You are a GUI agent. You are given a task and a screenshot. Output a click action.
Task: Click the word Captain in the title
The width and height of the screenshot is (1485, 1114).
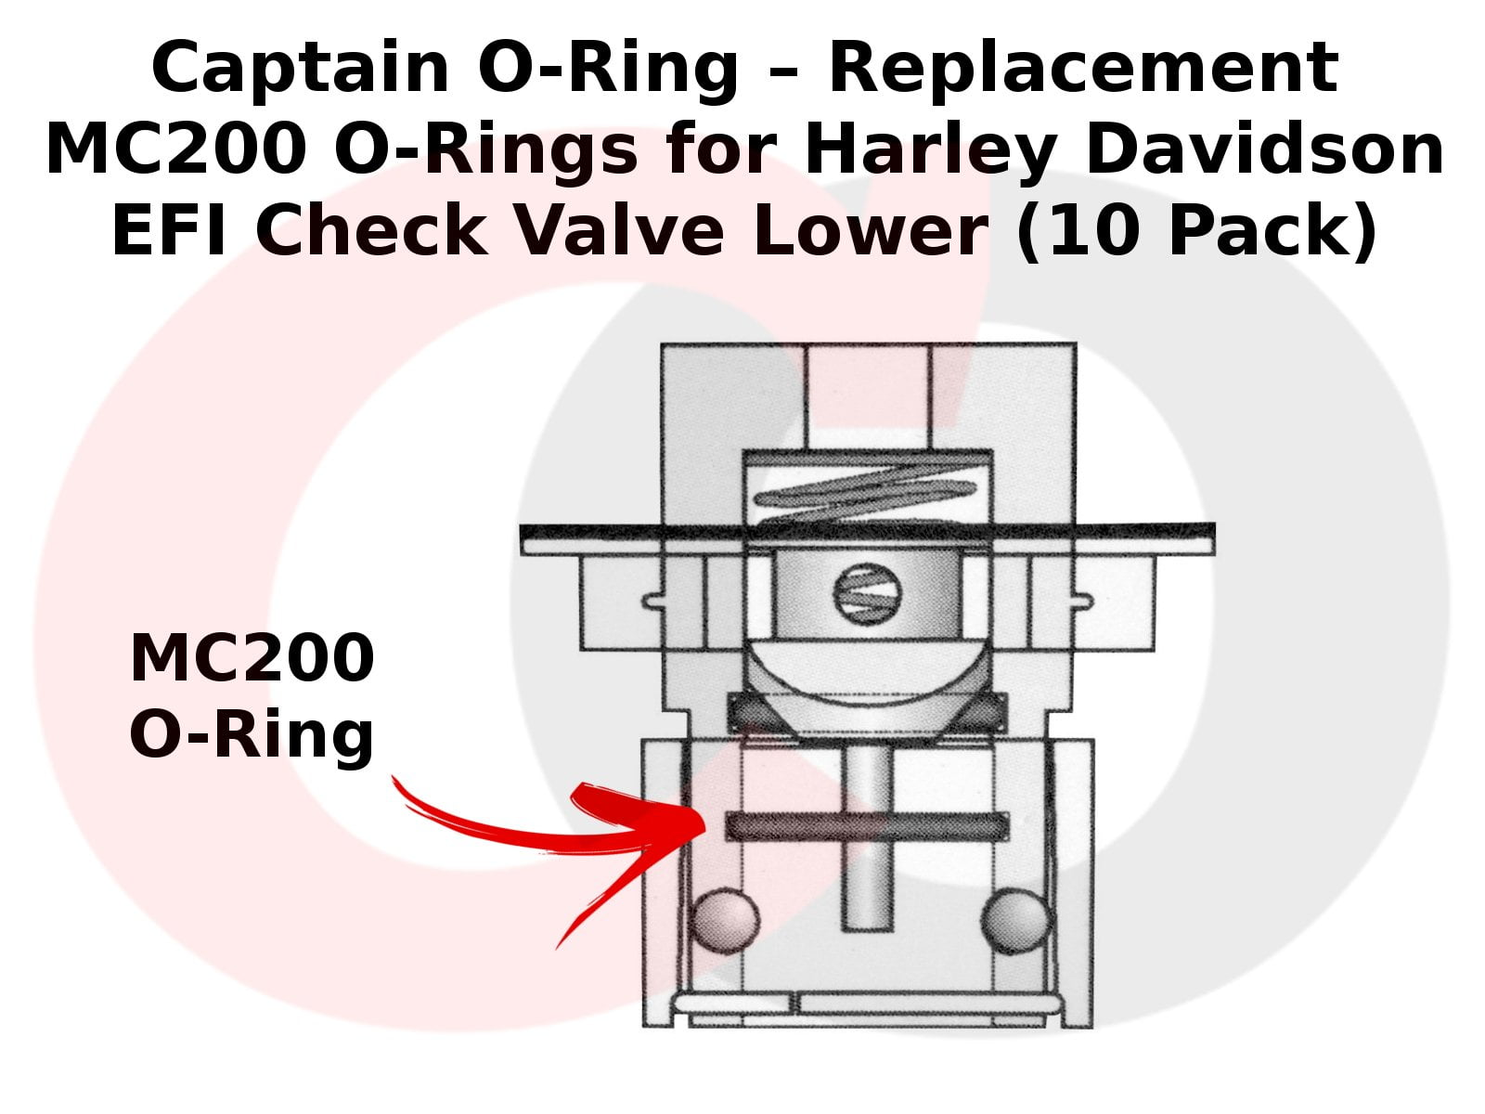pyautogui.click(x=300, y=68)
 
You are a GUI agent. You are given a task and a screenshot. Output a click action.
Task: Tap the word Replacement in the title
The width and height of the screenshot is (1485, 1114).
pyautogui.click(x=1082, y=68)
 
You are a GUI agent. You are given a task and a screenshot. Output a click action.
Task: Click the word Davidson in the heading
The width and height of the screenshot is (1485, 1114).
pyautogui.click(x=1264, y=149)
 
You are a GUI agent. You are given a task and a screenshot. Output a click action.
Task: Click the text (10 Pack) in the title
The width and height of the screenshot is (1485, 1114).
pyautogui.click(x=1196, y=230)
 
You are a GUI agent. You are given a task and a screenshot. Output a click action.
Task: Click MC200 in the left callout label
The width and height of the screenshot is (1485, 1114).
pyautogui.click(x=252, y=657)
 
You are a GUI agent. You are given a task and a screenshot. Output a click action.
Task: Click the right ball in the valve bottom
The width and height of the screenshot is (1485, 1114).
pyautogui.click(x=1015, y=920)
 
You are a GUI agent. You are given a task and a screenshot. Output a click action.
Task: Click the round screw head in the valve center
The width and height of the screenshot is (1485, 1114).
pyautogui.click(x=868, y=594)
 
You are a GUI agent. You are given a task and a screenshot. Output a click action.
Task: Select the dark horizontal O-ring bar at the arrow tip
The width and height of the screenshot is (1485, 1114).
pyautogui.click(x=867, y=825)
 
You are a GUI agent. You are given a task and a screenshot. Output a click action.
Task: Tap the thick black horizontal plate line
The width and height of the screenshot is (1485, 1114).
pyautogui.click(x=867, y=532)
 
